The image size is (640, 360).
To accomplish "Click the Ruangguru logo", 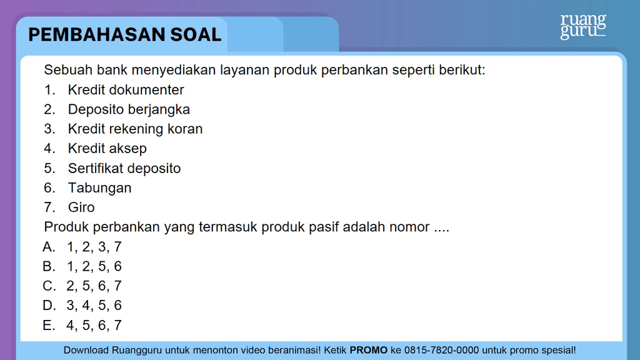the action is click(583, 27).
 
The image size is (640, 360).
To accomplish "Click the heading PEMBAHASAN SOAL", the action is click(125, 35).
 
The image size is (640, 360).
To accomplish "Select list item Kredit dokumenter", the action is click(126, 90).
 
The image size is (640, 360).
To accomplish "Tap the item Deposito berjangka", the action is click(129, 109).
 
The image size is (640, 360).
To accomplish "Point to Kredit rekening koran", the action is click(135, 129).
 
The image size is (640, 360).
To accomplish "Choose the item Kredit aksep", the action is click(107, 149).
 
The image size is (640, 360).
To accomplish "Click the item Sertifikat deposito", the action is click(124, 168).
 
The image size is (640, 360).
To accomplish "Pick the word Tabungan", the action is click(99, 187).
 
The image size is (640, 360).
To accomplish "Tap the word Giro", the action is click(81, 207).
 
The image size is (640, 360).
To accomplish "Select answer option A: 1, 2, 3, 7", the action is click(82, 247).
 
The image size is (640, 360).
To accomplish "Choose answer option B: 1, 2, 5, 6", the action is click(82, 266).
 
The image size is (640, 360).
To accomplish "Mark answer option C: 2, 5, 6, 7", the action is click(82, 286).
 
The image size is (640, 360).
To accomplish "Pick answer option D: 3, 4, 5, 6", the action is click(82, 305).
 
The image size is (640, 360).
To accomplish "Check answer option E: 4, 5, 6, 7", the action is click(82, 325).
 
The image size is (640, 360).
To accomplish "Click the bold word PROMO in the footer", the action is click(369, 350).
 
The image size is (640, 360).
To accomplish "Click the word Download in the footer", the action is click(86, 350).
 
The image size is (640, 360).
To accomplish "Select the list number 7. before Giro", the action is click(49, 207).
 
